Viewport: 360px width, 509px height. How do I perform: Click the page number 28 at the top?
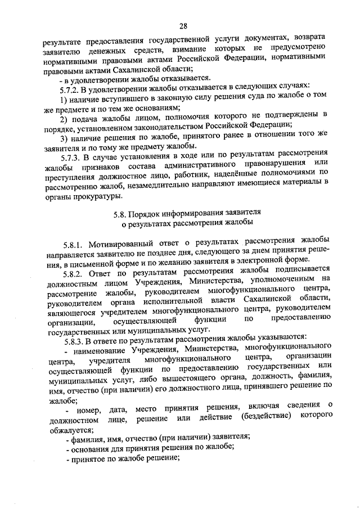tap(183, 25)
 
